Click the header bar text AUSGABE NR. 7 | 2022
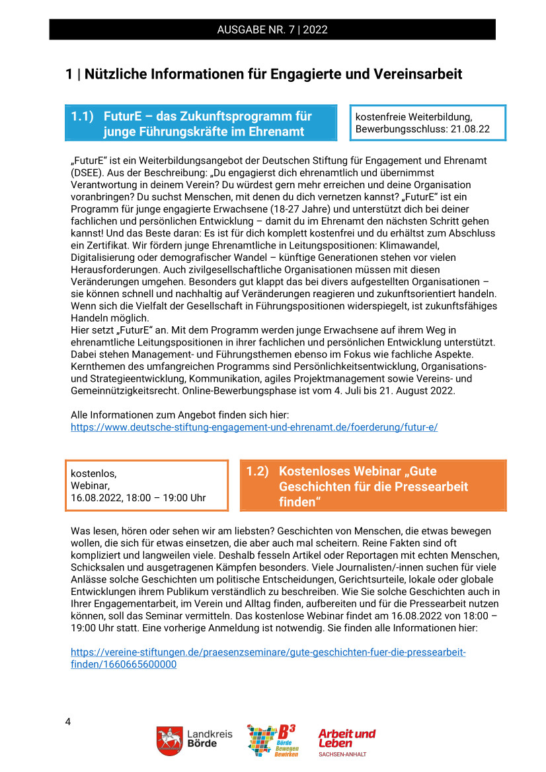point(272,30)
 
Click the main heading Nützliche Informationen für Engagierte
point(264,74)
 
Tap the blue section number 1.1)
point(84,116)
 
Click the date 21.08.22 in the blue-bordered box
point(469,129)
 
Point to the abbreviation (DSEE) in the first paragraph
point(87,173)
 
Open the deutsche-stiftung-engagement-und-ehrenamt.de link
point(254,427)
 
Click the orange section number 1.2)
point(258,472)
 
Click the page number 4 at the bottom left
point(68,720)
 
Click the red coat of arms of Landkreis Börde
point(169,741)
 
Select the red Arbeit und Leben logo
point(346,740)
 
